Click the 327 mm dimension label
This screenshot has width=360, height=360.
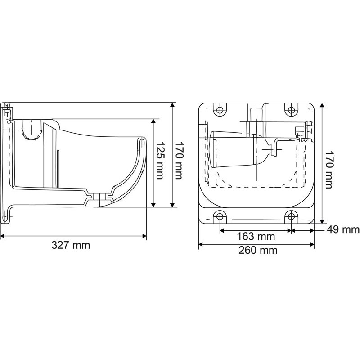71,245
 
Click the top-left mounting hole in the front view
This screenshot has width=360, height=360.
220,110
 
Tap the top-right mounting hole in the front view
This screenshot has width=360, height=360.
291,110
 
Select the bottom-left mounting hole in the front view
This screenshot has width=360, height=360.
220,216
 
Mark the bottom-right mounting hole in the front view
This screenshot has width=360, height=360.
291,216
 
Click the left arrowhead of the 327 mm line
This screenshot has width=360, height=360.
2,235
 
